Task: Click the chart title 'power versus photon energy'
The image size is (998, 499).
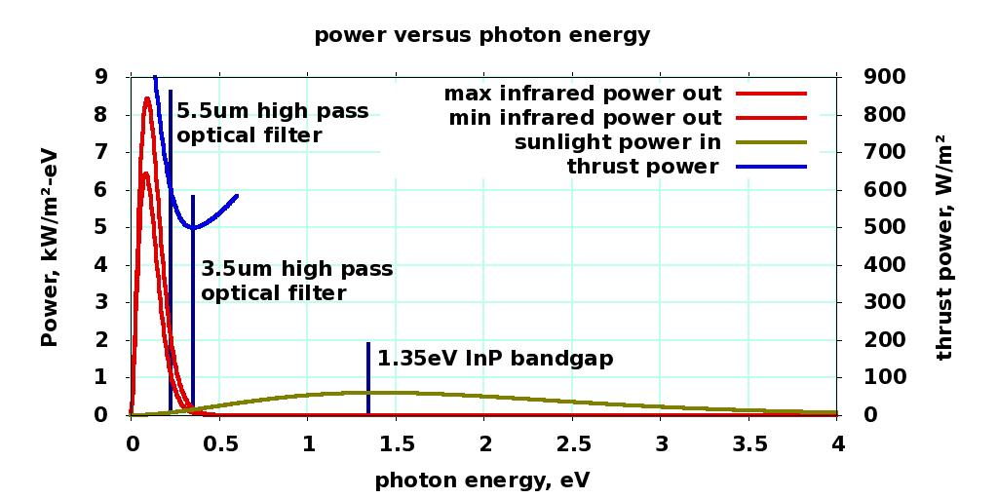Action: (481, 35)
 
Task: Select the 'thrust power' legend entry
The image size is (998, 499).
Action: (643, 167)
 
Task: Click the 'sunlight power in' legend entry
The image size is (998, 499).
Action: (618, 142)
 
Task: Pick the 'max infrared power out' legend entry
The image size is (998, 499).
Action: (583, 94)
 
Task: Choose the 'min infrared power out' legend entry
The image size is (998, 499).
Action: (585, 118)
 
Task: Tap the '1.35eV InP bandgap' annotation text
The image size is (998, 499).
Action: (495, 359)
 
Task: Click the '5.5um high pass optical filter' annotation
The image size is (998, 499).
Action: (273, 123)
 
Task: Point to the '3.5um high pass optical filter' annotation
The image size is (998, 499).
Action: (297, 281)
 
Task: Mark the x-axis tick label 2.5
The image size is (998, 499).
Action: (573, 444)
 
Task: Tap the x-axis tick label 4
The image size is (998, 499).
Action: (837, 444)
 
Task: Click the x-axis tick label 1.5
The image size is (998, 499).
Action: (397, 444)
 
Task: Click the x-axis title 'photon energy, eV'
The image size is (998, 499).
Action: (481, 480)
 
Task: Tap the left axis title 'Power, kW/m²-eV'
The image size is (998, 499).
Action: (51, 248)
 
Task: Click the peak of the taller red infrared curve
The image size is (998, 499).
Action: (147, 97)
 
